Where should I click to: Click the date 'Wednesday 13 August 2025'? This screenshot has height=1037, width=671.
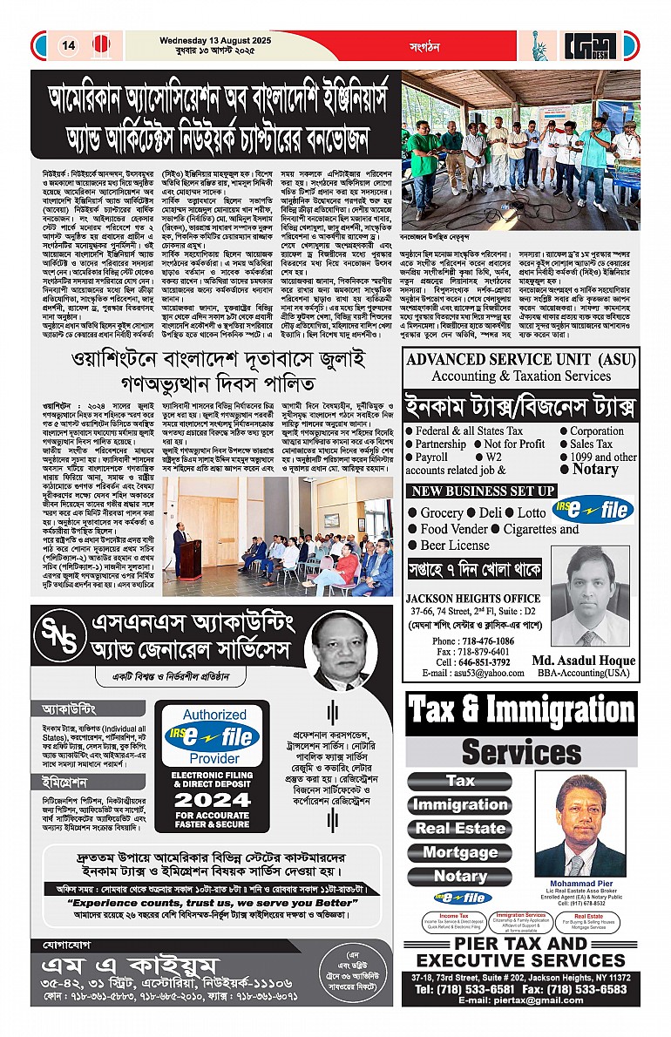point(212,38)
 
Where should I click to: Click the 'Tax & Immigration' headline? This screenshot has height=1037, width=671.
point(521,711)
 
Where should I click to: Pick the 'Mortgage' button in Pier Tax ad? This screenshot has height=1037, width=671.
point(460,853)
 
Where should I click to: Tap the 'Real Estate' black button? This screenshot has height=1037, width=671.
point(460,829)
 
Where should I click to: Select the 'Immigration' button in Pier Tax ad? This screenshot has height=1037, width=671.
point(460,805)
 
